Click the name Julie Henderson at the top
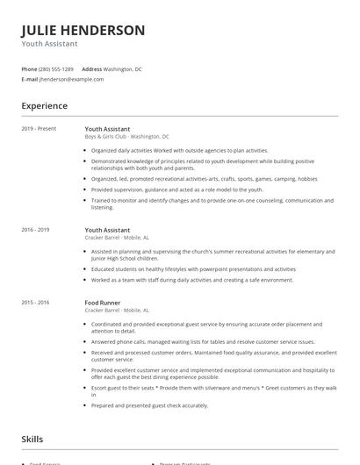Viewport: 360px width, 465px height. point(83,30)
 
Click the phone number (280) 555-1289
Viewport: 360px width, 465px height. point(56,68)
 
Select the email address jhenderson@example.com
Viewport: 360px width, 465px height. point(71,79)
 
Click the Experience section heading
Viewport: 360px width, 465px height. point(44,106)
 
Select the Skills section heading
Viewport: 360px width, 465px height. point(32,439)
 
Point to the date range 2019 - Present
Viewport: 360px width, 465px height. point(39,129)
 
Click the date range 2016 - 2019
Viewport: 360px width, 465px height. point(37,230)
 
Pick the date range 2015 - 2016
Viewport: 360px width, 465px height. point(37,303)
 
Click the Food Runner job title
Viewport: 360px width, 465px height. point(104,303)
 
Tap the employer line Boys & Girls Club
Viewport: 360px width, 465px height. point(126,137)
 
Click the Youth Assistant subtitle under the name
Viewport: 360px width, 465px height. point(49,44)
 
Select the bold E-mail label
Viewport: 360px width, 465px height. point(29,79)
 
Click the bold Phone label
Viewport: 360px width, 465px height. point(29,68)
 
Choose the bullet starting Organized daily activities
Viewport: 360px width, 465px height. point(179,150)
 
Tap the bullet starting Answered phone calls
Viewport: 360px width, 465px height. point(190,342)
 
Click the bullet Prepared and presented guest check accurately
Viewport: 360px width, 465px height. point(149,405)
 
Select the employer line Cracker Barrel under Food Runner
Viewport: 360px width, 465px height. point(117,311)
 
